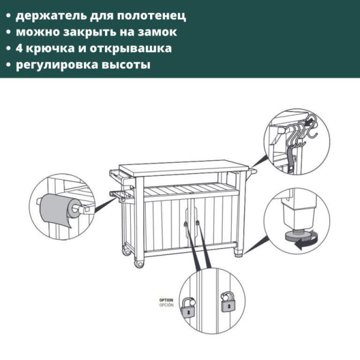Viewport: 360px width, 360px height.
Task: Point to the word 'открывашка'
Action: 135,47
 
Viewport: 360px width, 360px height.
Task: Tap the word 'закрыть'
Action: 87,31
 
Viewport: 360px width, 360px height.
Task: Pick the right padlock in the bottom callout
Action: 227,303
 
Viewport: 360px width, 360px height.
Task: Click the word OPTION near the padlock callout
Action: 166,299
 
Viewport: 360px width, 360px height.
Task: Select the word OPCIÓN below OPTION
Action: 166,305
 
